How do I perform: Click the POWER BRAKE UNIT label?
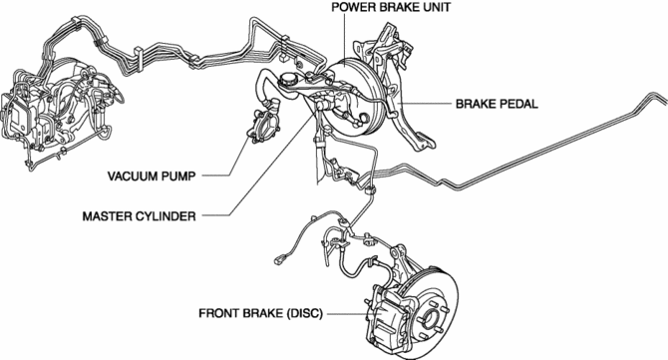tap(391, 7)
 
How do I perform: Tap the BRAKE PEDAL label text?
tap(497, 104)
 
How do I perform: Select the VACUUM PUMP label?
tap(152, 176)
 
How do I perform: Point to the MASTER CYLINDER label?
tap(140, 216)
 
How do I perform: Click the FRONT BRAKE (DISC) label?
tap(261, 313)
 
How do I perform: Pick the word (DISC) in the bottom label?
tap(305, 313)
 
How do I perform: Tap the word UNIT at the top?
tap(437, 7)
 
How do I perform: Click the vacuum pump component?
tap(262, 127)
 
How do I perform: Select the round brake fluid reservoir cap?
tap(288, 79)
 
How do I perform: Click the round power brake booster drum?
tap(355, 97)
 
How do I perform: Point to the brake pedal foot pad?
tap(423, 141)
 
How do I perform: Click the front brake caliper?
tap(383, 313)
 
